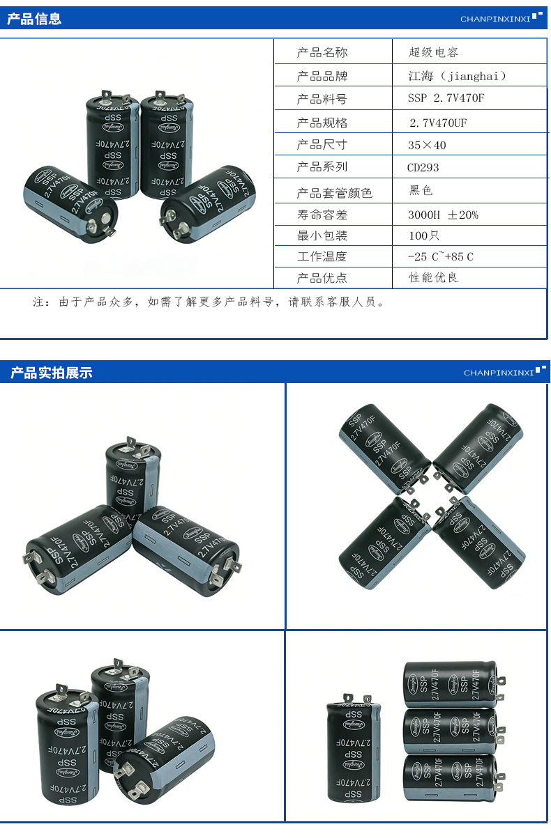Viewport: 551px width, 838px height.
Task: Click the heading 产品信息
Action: coord(34,19)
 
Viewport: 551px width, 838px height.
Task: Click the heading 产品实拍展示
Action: coord(51,373)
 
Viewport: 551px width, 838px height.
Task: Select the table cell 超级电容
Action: coord(433,52)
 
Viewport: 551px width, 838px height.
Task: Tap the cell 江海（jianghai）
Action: coord(457,76)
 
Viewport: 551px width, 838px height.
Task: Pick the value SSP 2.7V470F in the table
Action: coord(446,98)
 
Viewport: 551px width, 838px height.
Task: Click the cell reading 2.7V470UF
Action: coord(438,123)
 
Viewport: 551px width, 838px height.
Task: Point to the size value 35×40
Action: coord(427,145)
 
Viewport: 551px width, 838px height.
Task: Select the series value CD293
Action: coord(423,167)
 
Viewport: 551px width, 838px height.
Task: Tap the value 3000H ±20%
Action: coord(443,215)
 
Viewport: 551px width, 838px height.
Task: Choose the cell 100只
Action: coord(424,235)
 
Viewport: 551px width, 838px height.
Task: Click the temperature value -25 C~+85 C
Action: coord(441,256)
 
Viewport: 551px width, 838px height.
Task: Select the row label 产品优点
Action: coord(322,278)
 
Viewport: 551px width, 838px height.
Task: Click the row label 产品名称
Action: coord(322,52)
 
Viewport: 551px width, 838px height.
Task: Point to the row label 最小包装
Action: coord(322,235)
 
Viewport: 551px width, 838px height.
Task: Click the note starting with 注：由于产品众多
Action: coord(209,302)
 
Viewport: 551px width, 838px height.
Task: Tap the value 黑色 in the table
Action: coord(421,190)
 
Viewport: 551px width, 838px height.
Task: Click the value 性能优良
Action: coord(433,278)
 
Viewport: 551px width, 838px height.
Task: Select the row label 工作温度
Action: coord(322,256)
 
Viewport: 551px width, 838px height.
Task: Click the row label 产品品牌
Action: coord(322,76)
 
